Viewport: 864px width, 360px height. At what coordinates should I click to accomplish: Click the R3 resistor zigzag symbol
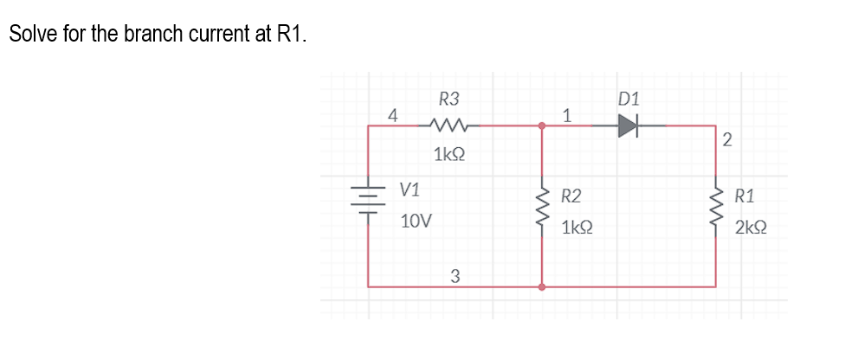pyautogui.click(x=448, y=126)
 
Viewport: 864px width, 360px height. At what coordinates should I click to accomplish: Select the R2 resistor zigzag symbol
pyautogui.click(x=543, y=209)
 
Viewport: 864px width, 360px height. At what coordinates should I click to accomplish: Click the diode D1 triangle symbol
pyautogui.click(x=628, y=126)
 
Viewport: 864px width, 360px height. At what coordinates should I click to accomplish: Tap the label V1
pyautogui.click(x=410, y=190)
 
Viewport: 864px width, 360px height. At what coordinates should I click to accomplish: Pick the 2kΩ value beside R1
pyautogui.click(x=751, y=228)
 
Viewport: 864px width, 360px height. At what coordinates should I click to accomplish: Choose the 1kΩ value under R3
pyautogui.click(x=448, y=156)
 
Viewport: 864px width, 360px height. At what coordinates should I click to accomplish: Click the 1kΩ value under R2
pyautogui.click(x=577, y=228)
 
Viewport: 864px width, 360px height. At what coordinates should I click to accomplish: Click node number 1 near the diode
pyautogui.click(x=566, y=113)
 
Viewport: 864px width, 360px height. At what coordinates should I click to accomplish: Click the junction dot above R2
pyautogui.click(x=542, y=126)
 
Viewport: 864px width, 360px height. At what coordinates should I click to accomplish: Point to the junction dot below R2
pyautogui.click(x=542, y=286)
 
